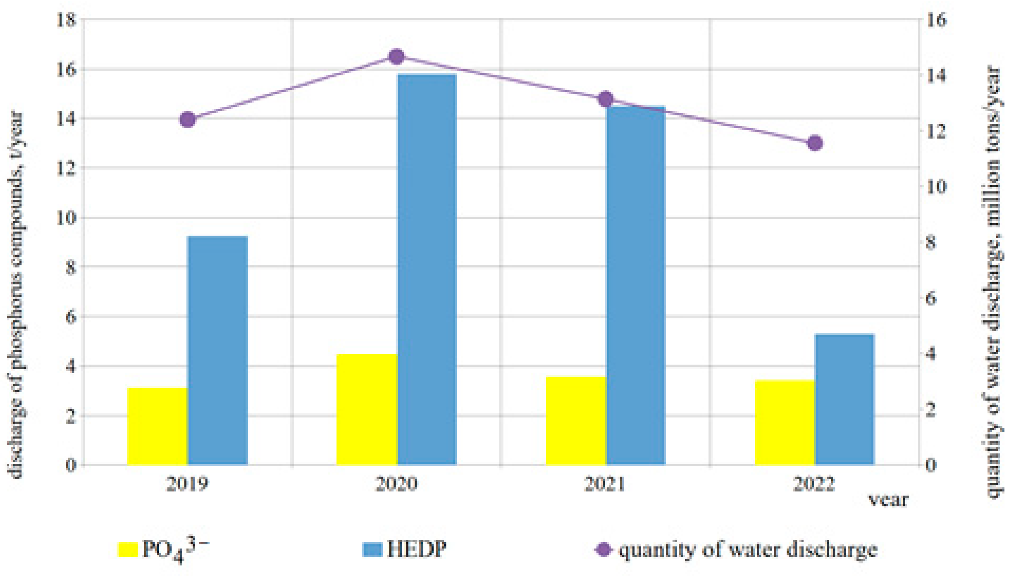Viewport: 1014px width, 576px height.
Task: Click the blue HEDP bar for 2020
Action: (x=427, y=269)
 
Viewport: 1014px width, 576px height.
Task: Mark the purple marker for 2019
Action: (x=188, y=119)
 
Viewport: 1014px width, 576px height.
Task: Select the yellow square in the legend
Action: (x=128, y=550)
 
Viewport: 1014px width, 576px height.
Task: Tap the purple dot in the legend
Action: (x=604, y=550)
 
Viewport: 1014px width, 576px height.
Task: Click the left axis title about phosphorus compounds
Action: (x=17, y=295)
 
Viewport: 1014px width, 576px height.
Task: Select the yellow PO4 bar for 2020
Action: (x=367, y=409)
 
